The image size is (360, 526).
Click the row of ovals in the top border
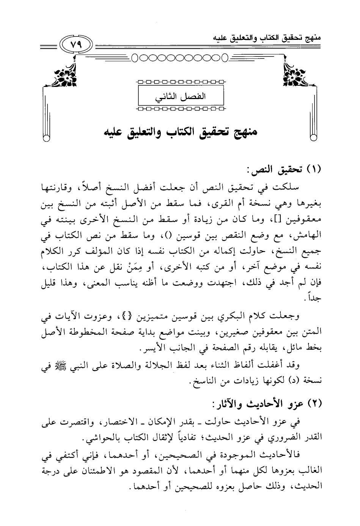click(x=178, y=58)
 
